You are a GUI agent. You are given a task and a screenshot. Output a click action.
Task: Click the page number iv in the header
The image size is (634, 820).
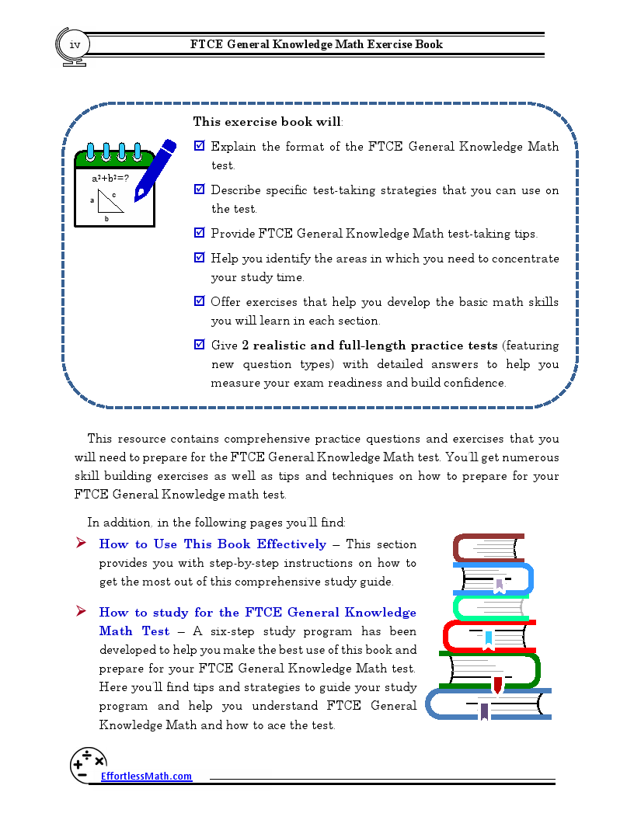(75, 45)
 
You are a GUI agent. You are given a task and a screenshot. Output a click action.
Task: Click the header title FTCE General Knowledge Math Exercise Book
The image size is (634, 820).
(316, 44)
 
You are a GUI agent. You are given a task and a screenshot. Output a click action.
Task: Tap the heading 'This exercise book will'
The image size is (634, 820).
(267, 122)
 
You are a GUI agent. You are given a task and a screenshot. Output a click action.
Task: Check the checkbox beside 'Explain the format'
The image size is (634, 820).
(199, 146)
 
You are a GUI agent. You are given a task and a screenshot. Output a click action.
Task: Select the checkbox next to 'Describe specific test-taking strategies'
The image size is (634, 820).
(199, 189)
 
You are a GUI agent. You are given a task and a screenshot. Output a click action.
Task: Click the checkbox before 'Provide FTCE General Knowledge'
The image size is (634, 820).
(199, 233)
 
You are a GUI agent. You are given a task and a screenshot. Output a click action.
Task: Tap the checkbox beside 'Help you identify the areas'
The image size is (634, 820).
(199, 258)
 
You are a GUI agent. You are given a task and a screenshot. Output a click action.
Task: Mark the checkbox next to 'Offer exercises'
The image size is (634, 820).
(199, 301)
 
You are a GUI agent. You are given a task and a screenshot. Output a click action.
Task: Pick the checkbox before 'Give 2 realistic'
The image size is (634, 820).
(199, 345)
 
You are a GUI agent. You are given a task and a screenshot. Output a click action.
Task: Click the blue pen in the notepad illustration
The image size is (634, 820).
(155, 171)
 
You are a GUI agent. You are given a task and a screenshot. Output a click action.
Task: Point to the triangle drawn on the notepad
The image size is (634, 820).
(111, 201)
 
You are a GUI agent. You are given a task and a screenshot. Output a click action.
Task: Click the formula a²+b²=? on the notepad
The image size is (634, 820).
(110, 178)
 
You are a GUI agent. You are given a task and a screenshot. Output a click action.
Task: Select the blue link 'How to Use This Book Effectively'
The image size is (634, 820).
(212, 544)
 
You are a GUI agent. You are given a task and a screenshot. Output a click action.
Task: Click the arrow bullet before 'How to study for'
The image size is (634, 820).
(81, 612)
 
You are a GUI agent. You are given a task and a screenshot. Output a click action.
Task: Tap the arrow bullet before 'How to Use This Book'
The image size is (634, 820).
(81, 544)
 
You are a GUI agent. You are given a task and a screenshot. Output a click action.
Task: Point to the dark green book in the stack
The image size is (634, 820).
(489, 670)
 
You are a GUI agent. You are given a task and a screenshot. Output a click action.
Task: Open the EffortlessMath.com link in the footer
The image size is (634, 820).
(146, 777)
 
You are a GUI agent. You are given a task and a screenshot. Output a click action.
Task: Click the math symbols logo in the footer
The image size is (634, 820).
(88, 764)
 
